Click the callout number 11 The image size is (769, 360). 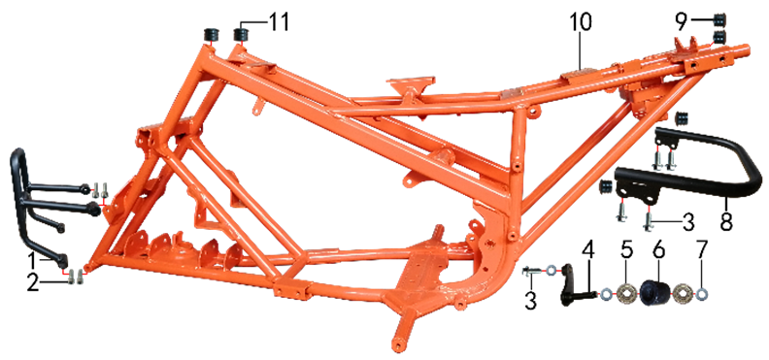[x=278, y=21]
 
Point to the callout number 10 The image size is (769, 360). [x=581, y=21]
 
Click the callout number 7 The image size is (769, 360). [x=702, y=250]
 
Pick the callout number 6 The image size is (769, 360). [x=658, y=250]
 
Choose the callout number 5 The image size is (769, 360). [x=626, y=250]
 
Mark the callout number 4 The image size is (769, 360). [x=588, y=250]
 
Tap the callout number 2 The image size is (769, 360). [x=33, y=283]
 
